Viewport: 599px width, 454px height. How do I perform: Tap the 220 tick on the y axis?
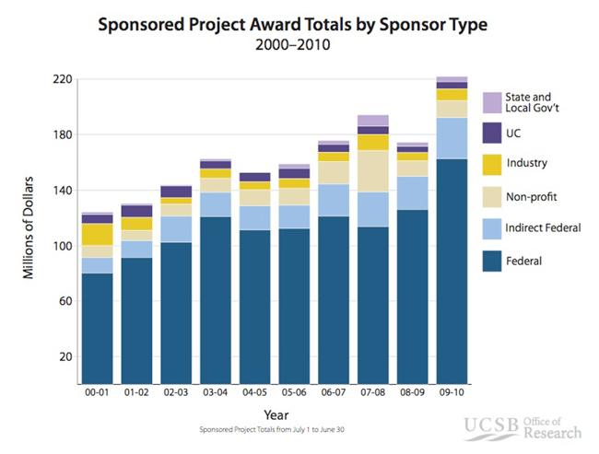tap(63, 79)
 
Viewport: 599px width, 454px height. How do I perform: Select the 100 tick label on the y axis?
tap(63, 246)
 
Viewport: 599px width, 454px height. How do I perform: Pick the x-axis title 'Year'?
tap(273, 414)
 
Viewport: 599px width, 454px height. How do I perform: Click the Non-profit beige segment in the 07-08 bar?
tap(372, 170)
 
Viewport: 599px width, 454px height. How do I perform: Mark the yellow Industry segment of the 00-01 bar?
tap(97, 234)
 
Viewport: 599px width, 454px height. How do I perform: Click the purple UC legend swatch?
tap(491, 133)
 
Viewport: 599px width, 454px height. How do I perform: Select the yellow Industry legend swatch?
tap(491, 164)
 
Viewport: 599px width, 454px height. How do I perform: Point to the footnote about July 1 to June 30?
tap(273, 429)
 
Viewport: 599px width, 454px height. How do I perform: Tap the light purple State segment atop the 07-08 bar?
tap(372, 120)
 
